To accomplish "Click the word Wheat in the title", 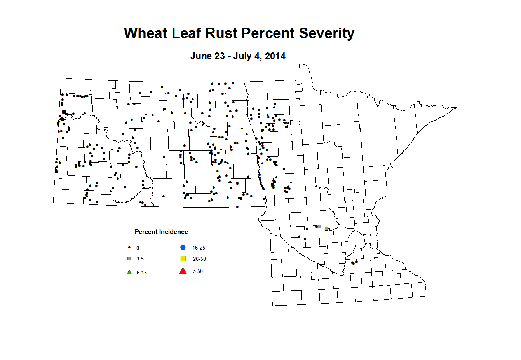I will point(146,33).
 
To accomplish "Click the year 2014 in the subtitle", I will point(275,56).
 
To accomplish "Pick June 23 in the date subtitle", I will point(207,56).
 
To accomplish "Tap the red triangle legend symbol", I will point(183,271).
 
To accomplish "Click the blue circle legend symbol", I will point(183,248).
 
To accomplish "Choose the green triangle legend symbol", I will point(129,272).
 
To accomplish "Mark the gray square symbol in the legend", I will point(129,259).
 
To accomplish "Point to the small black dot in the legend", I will point(129,248).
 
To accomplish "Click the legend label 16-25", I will point(199,248).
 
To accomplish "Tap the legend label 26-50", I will point(199,259).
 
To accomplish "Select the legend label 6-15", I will point(142,273).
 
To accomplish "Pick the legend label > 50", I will point(198,271).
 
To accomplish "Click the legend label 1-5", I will point(140,259).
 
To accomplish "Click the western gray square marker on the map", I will point(319,226).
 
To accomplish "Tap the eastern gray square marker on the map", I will point(326,229).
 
